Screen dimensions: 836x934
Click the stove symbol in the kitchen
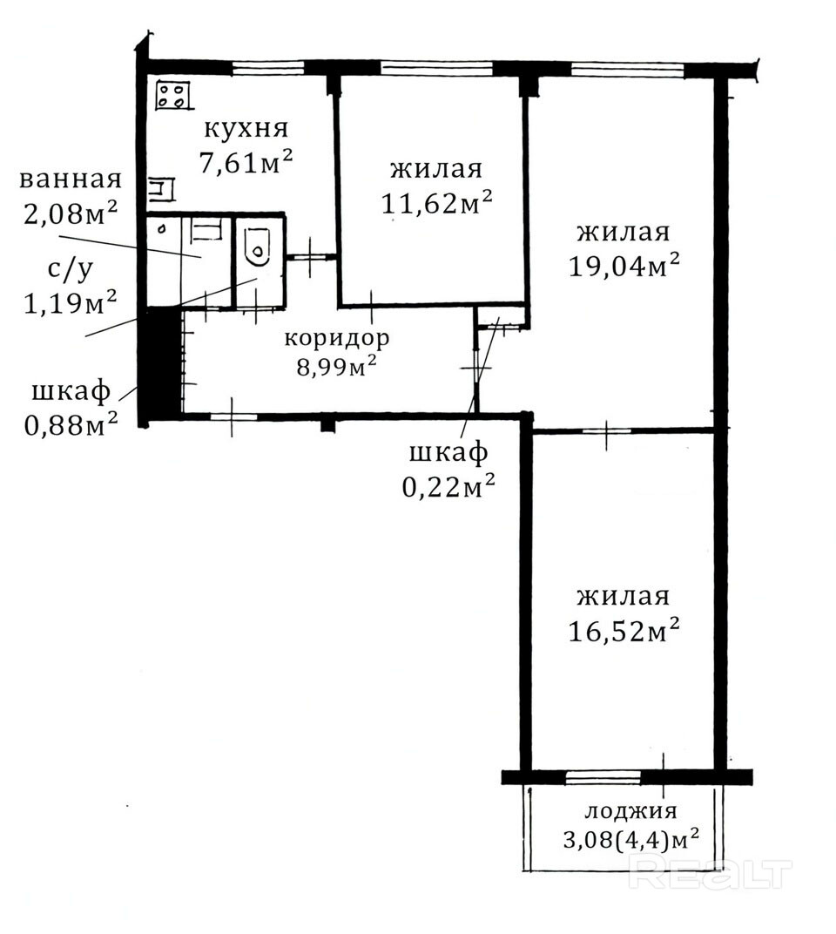pyautogui.click(x=173, y=95)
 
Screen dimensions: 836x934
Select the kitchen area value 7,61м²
pyautogui.click(x=246, y=162)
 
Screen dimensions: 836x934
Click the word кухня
pyautogui.click(x=246, y=129)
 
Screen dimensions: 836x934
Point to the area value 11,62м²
pyautogui.click(x=436, y=204)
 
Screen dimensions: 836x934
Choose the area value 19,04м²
pyautogui.click(x=624, y=266)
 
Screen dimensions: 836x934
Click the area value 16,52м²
pyautogui.click(x=624, y=630)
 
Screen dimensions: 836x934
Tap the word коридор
pyautogui.click(x=337, y=338)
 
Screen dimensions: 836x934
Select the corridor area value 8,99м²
pyautogui.click(x=337, y=367)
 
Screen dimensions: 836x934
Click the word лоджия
pyautogui.click(x=631, y=811)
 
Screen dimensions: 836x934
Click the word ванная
pyautogui.click(x=71, y=179)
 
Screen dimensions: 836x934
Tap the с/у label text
pyautogui.click(x=71, y=270)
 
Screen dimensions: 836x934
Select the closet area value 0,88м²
pyautogui.click(x=71, y=424)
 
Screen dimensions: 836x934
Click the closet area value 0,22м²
pyautogui.click(x=449, y=487)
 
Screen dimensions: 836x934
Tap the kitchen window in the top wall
pyautogui.click(x=268, y=68)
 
